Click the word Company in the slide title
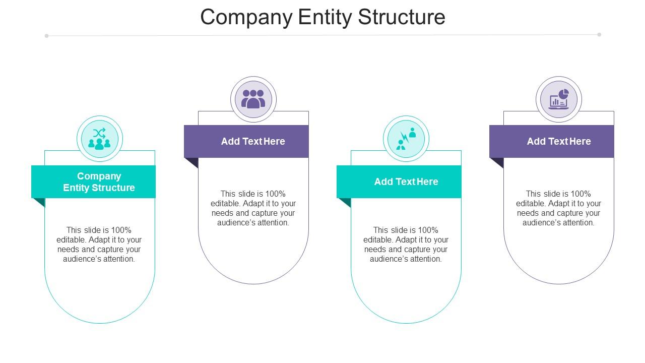[x=246, y=17]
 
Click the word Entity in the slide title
[x=325, y=17]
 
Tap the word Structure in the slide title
[x=402, y=17]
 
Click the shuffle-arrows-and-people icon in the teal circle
[x=99, y=139]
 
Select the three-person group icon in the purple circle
[x=253, y=99]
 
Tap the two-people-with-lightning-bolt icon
[x=406, y=139]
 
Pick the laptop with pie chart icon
[x=559, y=99]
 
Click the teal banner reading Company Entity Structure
[x=93, y=182]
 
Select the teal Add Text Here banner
[x=399, y=182]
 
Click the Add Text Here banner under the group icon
[x=246, y=142]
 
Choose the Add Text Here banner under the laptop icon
[x=552, y=142]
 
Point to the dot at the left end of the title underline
[x=47, y=36]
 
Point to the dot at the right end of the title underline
[x=599, y=35]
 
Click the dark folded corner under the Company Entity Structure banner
[x=40, y=202]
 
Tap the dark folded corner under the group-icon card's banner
[x=193, y=162]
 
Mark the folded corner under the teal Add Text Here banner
[x=346, y=202]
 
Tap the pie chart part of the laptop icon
[x=563, y=94]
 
